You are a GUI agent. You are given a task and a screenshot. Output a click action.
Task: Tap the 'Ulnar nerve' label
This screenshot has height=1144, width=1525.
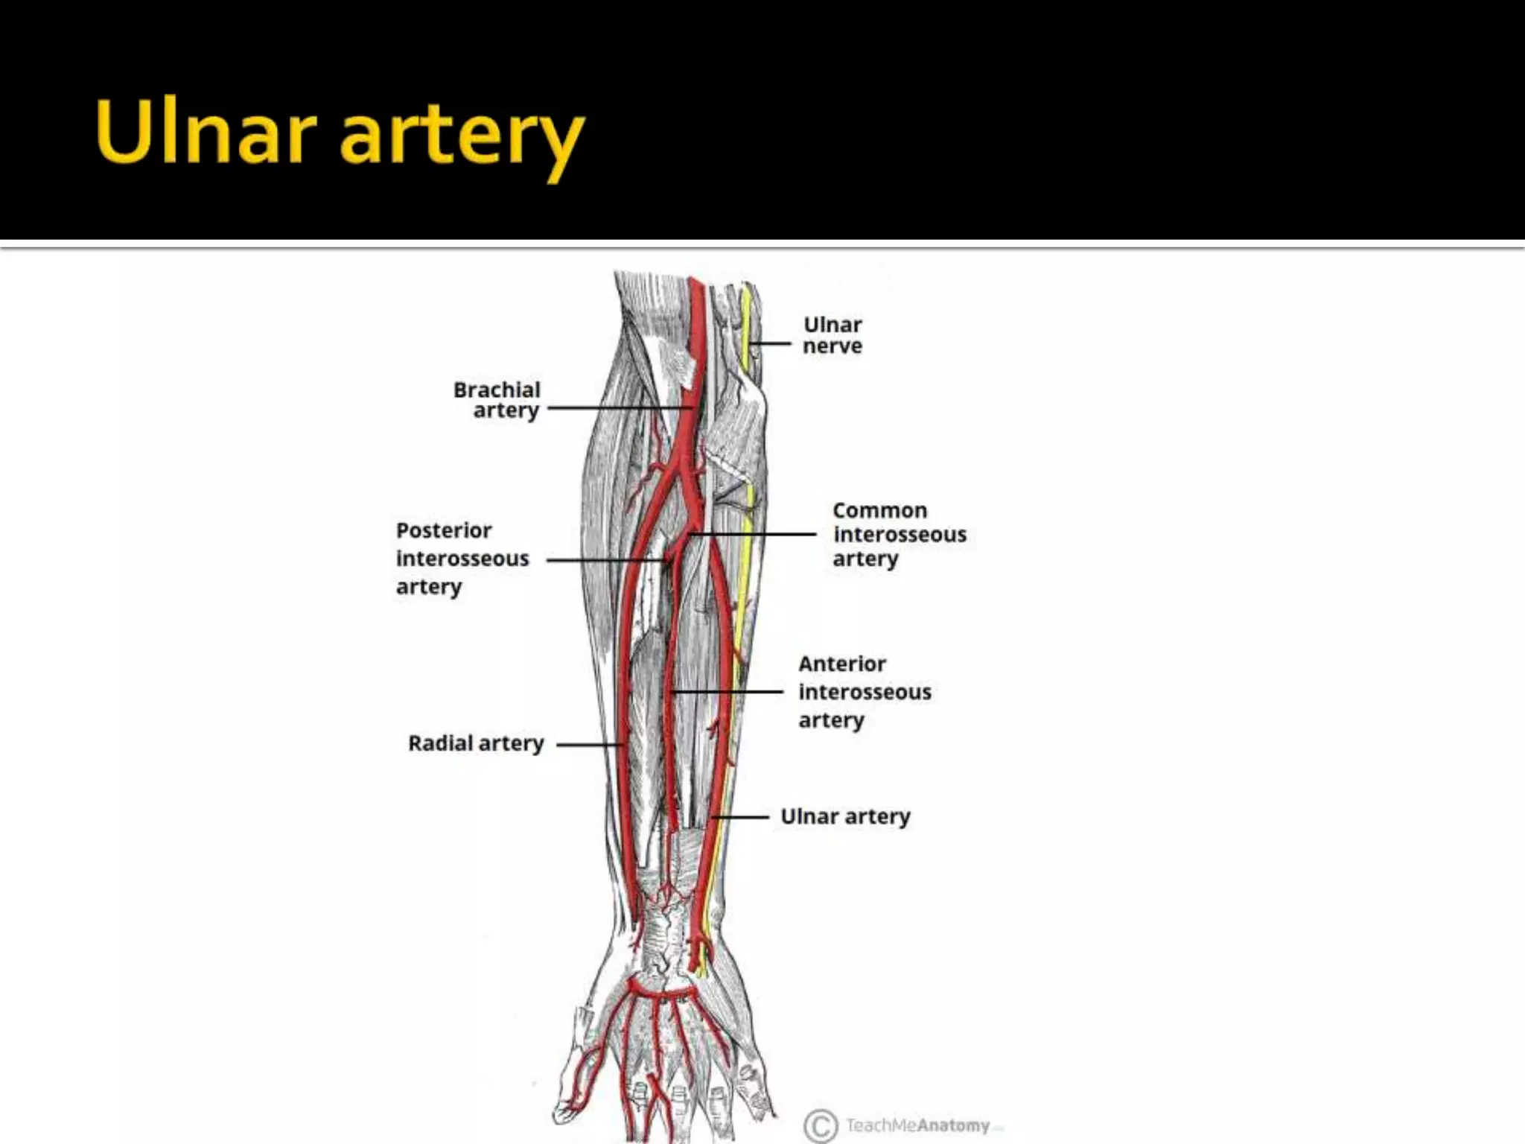tap(832, 335)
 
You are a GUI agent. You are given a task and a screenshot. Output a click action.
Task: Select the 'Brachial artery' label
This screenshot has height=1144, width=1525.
tap(497, 400)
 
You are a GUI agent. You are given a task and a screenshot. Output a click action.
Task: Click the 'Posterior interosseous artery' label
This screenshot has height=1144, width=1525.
tap(462, 559)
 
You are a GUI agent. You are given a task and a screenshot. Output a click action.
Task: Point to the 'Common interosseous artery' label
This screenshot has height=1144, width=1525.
tap(899, 534)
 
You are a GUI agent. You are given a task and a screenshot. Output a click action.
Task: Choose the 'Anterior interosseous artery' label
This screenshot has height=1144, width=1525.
tap(864, 692)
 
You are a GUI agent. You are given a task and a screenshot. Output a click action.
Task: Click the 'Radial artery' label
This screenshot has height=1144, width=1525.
tap(476, 743)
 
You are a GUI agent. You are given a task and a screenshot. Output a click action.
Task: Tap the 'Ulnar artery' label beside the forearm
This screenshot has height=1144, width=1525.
tap(845, 816)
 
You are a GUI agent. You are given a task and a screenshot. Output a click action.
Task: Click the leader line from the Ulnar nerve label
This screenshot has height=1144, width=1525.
tap(772, 343)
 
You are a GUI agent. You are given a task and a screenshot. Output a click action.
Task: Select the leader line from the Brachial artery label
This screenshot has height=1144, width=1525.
tap(618, 408)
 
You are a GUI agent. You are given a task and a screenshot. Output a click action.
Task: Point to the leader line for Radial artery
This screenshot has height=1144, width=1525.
tap(588, 744)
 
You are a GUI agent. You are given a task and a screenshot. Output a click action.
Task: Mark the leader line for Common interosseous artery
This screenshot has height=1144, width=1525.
tap(752, 534)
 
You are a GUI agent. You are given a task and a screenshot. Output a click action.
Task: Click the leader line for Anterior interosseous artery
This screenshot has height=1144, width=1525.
tap(726, 692)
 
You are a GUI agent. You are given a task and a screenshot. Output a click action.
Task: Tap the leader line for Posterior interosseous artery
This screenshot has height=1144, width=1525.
tap(607, 560)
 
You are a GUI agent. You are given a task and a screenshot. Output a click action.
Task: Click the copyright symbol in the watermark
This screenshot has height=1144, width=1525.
tap(821, 1125)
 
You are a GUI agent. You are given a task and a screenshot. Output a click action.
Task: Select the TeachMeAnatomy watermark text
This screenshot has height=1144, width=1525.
tap(917, 1125)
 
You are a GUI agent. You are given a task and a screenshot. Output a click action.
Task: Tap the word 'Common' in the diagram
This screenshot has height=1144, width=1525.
tap(879, 511)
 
